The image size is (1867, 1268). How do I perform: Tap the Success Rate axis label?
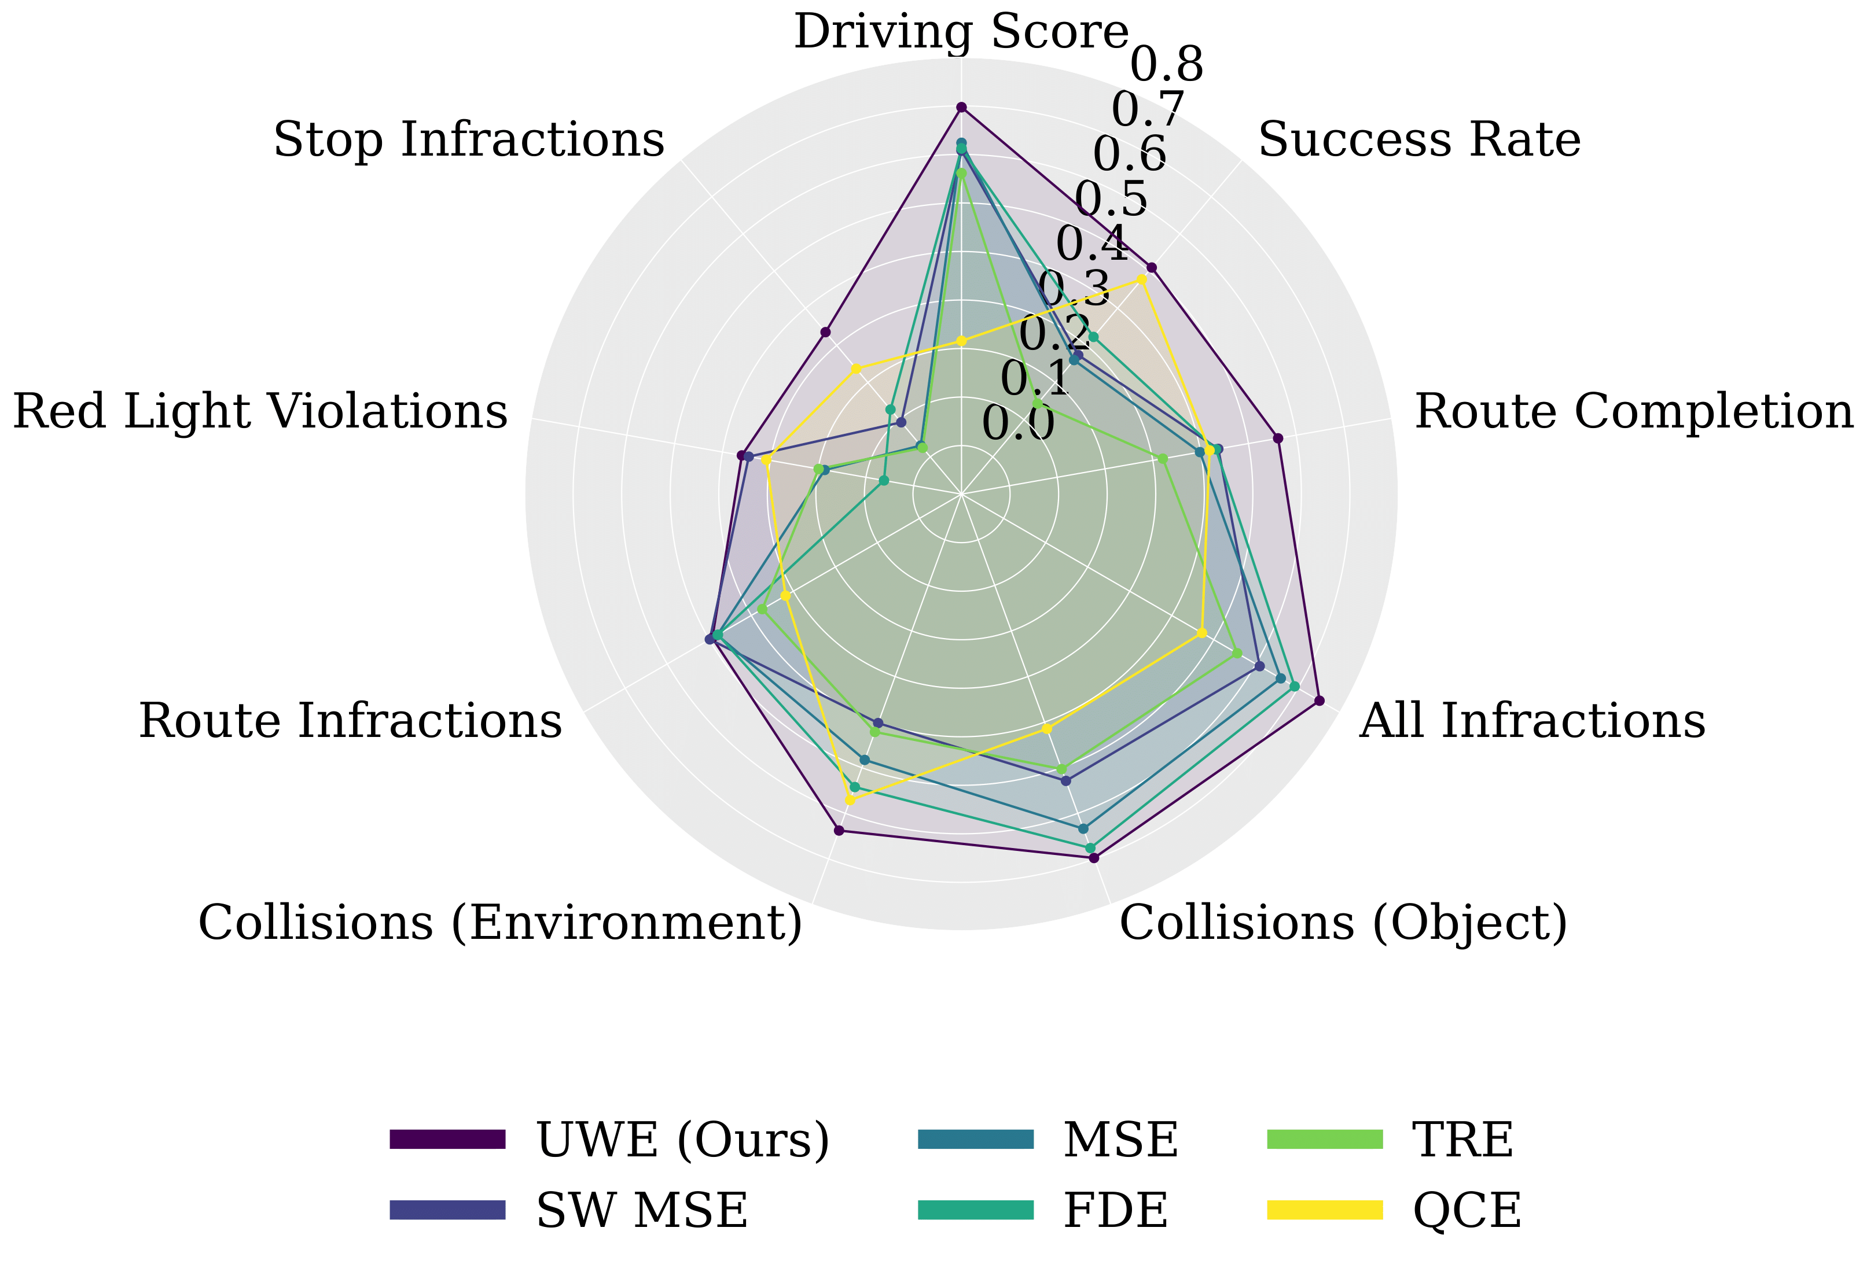click(x=1418, y=141)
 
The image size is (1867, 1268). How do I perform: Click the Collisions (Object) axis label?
click(x=1343, y=923)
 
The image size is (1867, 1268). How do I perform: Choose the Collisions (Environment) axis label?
click(x=499, y=923)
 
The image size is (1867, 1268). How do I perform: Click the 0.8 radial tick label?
click(x=1167, y=64)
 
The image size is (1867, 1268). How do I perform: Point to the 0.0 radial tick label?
click(x=1018, y=424)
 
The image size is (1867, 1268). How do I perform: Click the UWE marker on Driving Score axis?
click(x=961, y=108)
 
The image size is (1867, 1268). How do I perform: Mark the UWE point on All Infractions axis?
click(x=1318, y=702)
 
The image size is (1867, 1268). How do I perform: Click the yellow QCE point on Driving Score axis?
click(x=961, y=342)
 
